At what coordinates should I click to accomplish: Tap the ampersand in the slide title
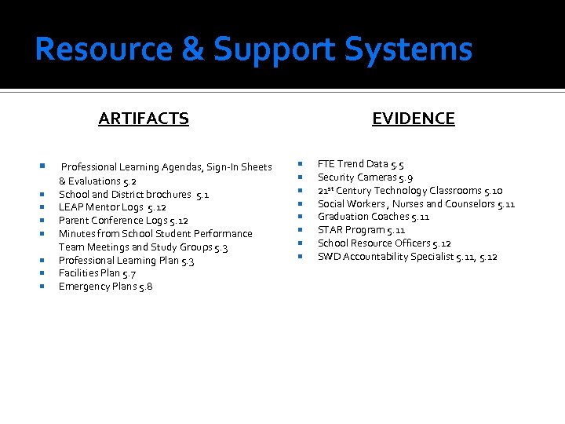191,49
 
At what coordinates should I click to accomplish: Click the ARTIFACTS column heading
144,119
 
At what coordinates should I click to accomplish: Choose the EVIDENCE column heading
413,119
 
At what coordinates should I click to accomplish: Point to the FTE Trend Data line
360,164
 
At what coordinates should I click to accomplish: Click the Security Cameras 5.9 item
365,177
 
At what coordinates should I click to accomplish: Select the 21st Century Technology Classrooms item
410,191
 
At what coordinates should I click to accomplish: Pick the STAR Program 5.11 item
361,230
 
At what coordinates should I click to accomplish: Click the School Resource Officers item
384,243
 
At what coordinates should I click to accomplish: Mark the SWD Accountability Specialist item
407,257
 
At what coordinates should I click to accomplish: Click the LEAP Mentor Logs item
112,207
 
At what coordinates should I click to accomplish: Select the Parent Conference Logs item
123,221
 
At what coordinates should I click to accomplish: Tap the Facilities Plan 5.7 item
97,273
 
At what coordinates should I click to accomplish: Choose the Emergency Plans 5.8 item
105,287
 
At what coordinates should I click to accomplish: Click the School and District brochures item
133,194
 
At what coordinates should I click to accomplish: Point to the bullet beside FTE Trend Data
301,164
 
